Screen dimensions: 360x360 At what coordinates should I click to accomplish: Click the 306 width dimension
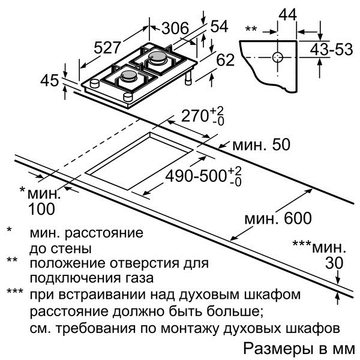(x=175, y=28)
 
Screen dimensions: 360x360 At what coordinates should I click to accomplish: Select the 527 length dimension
(x=107, y=48)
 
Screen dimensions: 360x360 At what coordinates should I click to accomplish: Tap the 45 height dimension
(x=50, y=80)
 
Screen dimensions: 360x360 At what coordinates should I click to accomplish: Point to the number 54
(x=219, y=26)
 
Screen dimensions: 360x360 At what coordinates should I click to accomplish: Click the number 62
(x=226, y=60)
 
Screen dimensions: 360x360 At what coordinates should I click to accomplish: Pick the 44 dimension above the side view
(x=287, y=14)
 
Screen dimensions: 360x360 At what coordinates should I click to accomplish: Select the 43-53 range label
(x=331, y=50)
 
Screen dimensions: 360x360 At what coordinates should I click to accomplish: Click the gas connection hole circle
(x=278, y=57)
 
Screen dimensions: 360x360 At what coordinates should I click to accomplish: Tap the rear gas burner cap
(x=157, y=56)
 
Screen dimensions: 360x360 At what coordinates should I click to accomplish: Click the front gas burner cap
(x=129, y=74)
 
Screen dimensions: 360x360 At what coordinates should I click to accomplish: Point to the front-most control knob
(x=128, y=97)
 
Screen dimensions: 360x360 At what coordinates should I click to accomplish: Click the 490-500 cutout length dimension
(x=203, y=176)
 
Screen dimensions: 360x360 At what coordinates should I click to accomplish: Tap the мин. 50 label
(x=262, y=145)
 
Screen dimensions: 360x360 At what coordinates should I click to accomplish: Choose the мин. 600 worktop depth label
(x=278, y=218)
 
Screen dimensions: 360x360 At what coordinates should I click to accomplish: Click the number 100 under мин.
(x=41, y=209)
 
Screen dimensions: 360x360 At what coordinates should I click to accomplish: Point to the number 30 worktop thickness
(x=334, y=263)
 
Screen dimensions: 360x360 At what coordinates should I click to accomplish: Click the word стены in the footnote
(x=71, y=248)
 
